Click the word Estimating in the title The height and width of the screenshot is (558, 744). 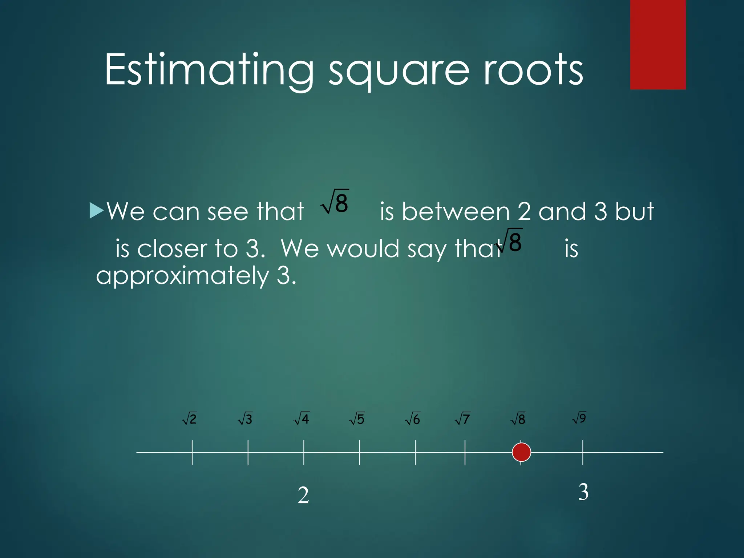(209, 70)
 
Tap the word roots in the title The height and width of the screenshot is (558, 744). (533, 70)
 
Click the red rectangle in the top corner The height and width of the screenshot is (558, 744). (658, 44)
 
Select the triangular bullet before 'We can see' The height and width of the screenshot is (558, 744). (96, 210)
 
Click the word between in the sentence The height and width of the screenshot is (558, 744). (456, 211)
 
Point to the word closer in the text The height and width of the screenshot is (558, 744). (173, 249)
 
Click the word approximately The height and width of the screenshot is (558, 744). (182, 276)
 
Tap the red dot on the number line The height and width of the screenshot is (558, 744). (521, 452)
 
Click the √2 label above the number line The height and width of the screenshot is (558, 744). (190, 419)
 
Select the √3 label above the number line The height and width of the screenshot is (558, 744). (245, 419)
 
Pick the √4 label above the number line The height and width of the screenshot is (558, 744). (302, 418)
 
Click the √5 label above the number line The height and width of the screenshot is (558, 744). (357, 419)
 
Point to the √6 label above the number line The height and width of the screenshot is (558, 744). (413, 419)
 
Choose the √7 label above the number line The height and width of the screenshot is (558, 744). (462, 419)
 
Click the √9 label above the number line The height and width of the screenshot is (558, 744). (579, 418)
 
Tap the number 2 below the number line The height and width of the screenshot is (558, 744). (303, 496)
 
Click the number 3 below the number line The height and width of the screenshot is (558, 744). (583, 492)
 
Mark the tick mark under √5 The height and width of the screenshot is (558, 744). (360, 452)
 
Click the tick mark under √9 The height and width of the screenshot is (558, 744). (583, 452)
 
